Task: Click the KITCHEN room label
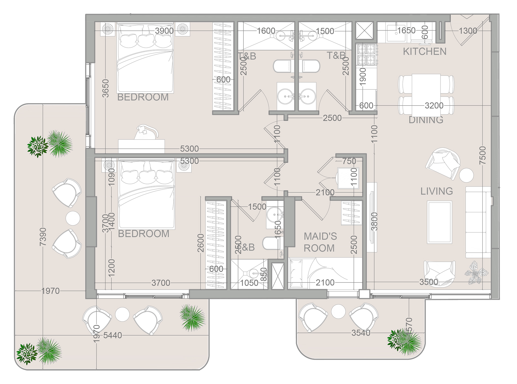point(424,51)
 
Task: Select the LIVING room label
point(436,191)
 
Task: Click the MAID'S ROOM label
point(320,242)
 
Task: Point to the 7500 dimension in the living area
point(483,155)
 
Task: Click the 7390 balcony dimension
point(43,237)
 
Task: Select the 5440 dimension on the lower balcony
point(113,335)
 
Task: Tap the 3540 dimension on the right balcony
point(361,333)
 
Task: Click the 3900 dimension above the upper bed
point(164,31)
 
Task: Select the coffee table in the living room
point(439,222)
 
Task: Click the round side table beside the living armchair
point(466,175)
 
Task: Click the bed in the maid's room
point(325,273)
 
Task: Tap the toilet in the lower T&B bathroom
point(272,243)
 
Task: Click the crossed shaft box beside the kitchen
point(364,31)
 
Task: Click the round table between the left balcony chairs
point(73,218)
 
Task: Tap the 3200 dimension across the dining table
point(434,106)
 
